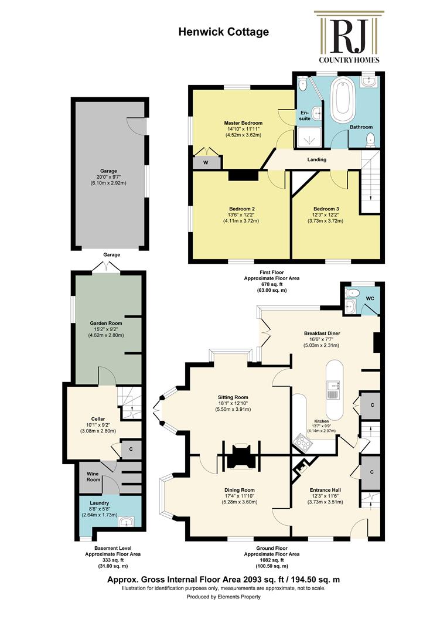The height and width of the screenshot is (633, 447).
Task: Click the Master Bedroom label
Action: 243,122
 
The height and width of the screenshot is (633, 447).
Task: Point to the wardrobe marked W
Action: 206,162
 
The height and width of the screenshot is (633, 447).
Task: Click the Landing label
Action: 316,159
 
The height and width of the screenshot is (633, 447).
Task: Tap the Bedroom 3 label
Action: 326,209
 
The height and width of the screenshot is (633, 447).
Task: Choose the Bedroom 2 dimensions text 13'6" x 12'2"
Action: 241,215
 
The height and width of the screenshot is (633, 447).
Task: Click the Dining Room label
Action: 239,490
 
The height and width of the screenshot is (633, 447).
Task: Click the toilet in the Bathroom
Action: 370,139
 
